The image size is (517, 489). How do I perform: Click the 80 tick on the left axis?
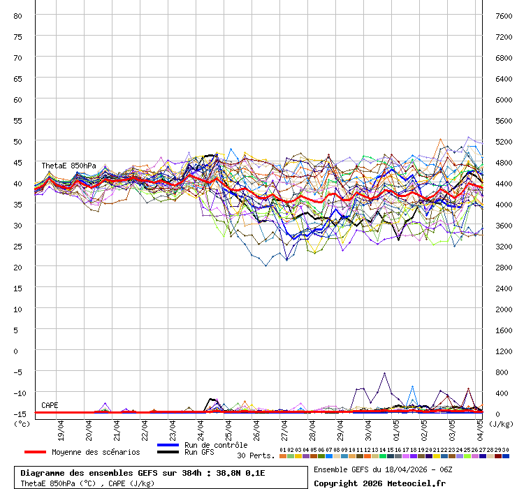pyautogui.click(x=18, y=15)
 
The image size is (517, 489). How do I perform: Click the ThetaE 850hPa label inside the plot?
pyautogui.click(x=68, y=166)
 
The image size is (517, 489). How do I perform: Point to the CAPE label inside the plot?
pyautogui.click(x=50, y=405)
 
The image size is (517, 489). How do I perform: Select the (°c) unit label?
pyautogui.click(x=22, y=423)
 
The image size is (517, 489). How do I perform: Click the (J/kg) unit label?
pyautogui.click(x=500, y=423)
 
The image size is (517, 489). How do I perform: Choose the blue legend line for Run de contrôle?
pyautogui.click(x=168, y=445)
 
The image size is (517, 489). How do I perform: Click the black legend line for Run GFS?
pyautogui.click(x=168, y=453)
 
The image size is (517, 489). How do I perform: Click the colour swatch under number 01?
pyautogui.click(x=283, y=456)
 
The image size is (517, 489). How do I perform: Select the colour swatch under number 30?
pyautogui.click(x=506, y=456)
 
